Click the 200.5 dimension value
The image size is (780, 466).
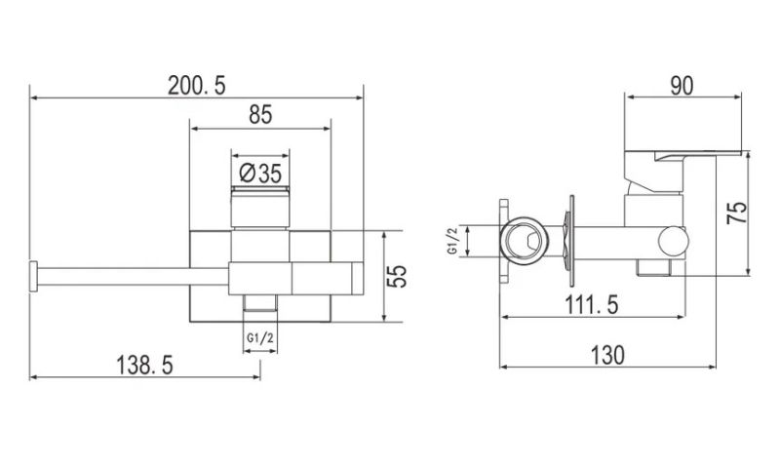click(x=197, y=86)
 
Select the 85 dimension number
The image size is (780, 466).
click(x=260, y=115)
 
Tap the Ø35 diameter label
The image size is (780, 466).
click(x=260, y=174)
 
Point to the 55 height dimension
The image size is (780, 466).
click(x=397, y=276)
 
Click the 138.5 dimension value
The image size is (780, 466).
click(x=144, y=365)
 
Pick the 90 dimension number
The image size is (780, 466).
click(x=682, y=86)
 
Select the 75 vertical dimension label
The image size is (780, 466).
click(x=737, y=213)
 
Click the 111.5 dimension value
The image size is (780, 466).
click(x=592, y=304)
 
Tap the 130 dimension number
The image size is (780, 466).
click(x=607, y=355)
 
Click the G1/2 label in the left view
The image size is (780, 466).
click(x=259, y=338)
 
